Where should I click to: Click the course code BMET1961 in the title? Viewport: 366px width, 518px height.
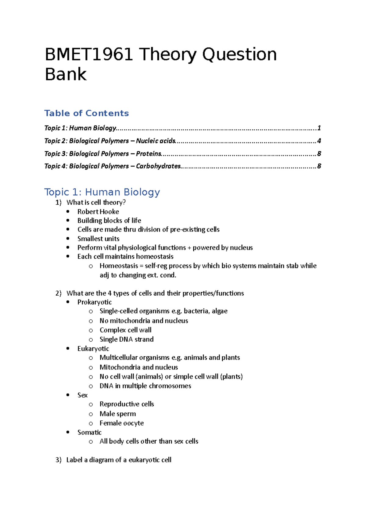(89, 55)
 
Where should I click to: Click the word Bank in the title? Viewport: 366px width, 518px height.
(66, 74)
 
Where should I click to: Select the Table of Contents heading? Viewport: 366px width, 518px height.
(86, 113)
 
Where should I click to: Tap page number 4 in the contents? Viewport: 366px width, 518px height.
(319, 141)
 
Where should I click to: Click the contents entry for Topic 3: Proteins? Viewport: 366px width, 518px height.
(103, 153)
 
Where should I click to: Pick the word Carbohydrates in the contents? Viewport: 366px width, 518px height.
(158, 166)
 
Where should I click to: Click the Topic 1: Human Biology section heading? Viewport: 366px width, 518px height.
(102, 192)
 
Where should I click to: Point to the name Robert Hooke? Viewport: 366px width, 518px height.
(98, 211)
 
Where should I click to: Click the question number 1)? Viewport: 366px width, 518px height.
(59, 202)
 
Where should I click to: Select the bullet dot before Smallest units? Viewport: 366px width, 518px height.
(68, 239)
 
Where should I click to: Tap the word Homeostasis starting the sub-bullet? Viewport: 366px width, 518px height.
(119, 266)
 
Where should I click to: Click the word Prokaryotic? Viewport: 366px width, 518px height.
(95, 302)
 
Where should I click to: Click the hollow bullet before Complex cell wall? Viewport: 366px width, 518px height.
(91, 330)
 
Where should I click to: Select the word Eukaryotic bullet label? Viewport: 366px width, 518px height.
(93, 348)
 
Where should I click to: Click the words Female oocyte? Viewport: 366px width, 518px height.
(121, 423)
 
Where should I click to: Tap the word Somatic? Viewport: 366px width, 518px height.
(89, 432)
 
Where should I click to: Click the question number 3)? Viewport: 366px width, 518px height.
(59, 460)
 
